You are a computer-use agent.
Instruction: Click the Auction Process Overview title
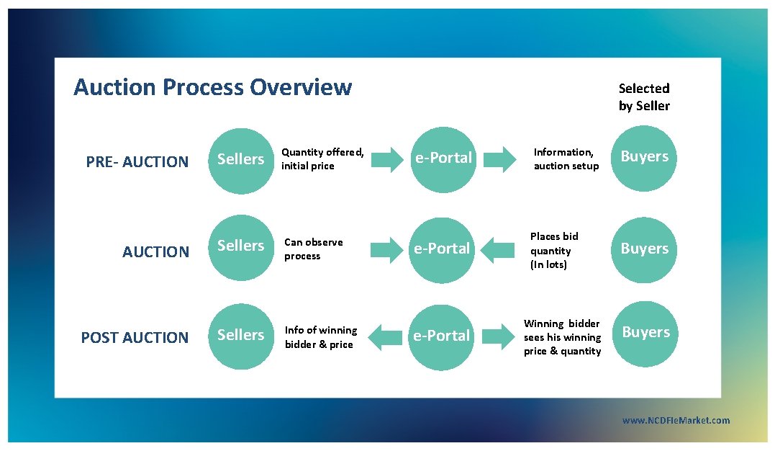pos(212,88)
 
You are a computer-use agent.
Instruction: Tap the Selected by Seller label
pos(644,97)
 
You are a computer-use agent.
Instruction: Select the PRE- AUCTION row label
pos(137,162)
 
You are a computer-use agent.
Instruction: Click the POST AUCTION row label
pos(135,337)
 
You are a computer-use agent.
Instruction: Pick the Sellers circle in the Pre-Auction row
pos(241,159)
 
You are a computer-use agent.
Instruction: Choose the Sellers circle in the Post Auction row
pos(241,336)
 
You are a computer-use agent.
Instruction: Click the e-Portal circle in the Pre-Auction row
pos(443,158)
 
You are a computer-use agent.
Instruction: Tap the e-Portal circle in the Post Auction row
pos(441,336)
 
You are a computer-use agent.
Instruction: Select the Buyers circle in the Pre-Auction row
pos(645,158)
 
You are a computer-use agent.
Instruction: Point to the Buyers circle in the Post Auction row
pos(645,333)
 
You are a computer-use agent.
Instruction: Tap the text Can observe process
pos(314,249)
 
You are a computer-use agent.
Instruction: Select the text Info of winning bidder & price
pos(321,337)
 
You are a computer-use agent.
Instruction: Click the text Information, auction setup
pos(566,159)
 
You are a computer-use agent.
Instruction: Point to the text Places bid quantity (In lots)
pos(554,251)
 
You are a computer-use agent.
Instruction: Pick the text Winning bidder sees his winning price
pos(562,337)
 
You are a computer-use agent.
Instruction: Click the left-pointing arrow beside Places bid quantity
pos(497,250)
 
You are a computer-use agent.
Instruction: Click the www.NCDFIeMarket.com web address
pos(676,421)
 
